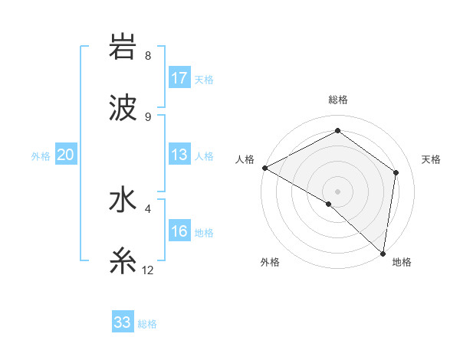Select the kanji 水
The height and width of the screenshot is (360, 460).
pyautogui.click(x=123, y=201)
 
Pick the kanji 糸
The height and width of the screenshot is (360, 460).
pyautogui.click(x=123, y=262)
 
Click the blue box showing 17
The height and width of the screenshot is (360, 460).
pyautogui.click(x=179, y=77)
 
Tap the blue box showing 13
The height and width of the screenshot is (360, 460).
pyautogui.click(x=179, y=155)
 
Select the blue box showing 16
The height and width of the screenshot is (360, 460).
pyautogui.click(x=179, y=231)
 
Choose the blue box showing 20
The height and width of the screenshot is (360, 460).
pyautogui.click(x=65, y=155)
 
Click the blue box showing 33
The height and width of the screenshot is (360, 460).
pyautogui.click(x=123, y=322)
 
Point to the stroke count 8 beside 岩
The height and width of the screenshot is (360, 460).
pyautogui.click(x=148, y=55)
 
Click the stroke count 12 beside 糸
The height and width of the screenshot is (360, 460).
pyautogui.click(x=148, y=270)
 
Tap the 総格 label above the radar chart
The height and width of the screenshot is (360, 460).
pyautogui.click(x=337, y=100)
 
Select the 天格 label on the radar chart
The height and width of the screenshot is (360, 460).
pyautogui.click(x=432, y=159)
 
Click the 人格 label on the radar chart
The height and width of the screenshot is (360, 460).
pyautogui.click(x=245, y=159)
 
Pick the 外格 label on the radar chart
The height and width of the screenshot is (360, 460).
pyautogui.click(x=270, y=262)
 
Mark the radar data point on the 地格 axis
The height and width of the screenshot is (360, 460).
pyautogui.click(x=383, y=253)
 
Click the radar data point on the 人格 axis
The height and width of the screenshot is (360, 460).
pyautogui.click(x=264, y=168)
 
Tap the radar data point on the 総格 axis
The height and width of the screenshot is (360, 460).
pyautogui.click(x=337, y=131)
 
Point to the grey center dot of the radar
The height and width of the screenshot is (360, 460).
pyautogui.click(x=337, y=191)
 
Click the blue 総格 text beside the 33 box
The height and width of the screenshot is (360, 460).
pyautogui.click(x=147, y=324)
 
